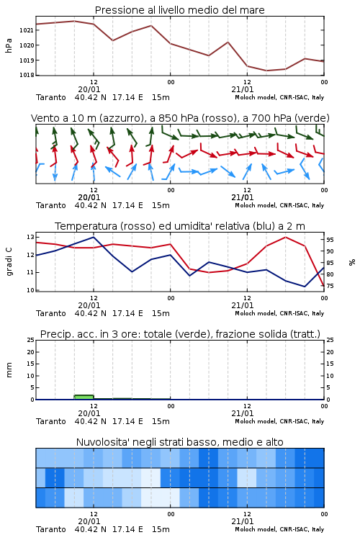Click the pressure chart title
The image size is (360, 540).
pyautogui.click(x=179, y=10)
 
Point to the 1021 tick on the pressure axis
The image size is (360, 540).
pyautogui.click(x=26, y=30)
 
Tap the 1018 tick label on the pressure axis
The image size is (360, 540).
pyautogui.click(x=26, y=75)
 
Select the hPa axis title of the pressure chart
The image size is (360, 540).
pyautogui.click(x=9, y=45)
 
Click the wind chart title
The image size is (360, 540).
pyautogui.click(x=180, y=118)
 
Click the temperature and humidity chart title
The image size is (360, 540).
pyautogui.click(x=180, y=226)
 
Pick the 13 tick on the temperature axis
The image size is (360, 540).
pyautogui.click(x=30, y=237)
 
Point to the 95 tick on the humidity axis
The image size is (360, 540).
pyautogui.click(x=330, y=240)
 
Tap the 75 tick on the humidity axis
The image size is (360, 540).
pyautogui.click(x=330, y=286)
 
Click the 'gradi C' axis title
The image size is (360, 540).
pyautogui.click(x=9, y=261)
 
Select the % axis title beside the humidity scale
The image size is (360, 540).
pyautogui.click(x=352, y=262)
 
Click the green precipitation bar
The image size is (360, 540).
pyautogui.click(x=84, y=397)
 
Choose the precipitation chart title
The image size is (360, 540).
pyautogui.click(x=180, y=334)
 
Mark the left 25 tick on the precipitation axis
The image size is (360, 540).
pyautogui.click(x=30, y=340)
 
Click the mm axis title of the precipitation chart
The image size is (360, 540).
pyautogui.click(x=9, y=370)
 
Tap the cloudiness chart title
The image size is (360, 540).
pyautogui.click(x=179, y=442)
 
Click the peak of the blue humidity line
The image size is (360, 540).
pyautogui.click(x=94, y=237)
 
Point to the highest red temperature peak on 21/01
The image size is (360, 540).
pyautogui.click(x=285, y=237)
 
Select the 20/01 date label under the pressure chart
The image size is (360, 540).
pyautogui.click(x=89, y=89)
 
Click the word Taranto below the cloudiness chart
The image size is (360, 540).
pyautogui.click(x=51, y=529)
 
